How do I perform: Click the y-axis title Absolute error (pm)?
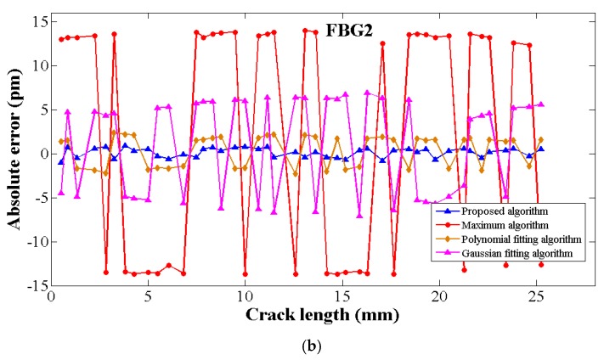[x=14, y=155]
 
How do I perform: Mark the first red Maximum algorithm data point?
[x=61, y=39]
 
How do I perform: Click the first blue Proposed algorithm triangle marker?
[x=60, y=161]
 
